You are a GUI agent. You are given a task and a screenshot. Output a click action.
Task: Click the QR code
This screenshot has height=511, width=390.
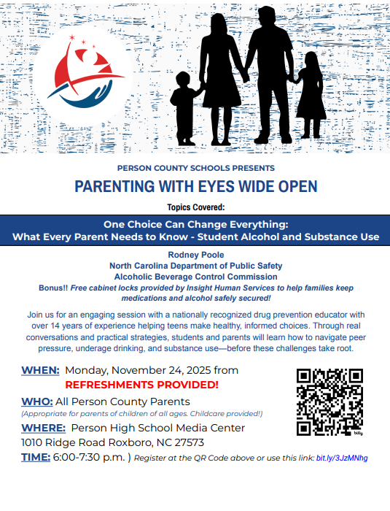click(329, 401)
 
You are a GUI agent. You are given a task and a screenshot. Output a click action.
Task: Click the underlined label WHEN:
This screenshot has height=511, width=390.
click(40, 370)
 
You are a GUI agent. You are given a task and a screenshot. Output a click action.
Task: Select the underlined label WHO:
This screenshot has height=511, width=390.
click(36, 401)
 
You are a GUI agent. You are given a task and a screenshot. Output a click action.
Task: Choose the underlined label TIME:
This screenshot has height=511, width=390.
click(36, 457)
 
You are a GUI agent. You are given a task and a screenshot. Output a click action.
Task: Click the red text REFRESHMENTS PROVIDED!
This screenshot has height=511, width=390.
click(141, 384)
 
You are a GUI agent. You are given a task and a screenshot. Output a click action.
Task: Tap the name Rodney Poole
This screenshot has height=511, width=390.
click(195, 255)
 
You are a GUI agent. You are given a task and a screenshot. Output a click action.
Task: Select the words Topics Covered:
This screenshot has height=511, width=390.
click(195, 207)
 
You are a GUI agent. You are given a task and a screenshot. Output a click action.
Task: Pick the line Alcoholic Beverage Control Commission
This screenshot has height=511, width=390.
click(195, 277)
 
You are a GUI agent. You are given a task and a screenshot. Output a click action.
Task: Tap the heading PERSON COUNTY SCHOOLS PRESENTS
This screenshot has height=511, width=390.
click(195, 167)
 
